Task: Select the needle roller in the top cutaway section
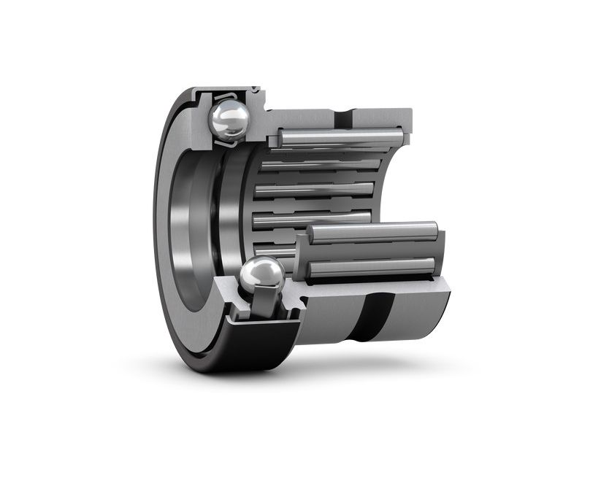click(x=340, y=136)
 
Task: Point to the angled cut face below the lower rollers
click(x=380, y=286)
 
